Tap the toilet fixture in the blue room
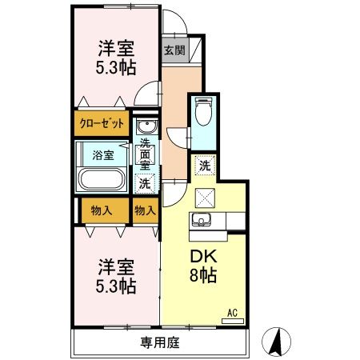pyautogui.click(x=202, y=111)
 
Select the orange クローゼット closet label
pyautogui.click(x=102, y=125)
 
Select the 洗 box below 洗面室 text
pyautogui.click(x=144, y=183)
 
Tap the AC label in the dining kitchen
pyautogui.click(x=233, y=313)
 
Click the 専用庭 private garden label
pyautogui.click(x=159, y=342)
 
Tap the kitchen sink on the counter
pyautogui.click(x=200, y=220)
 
